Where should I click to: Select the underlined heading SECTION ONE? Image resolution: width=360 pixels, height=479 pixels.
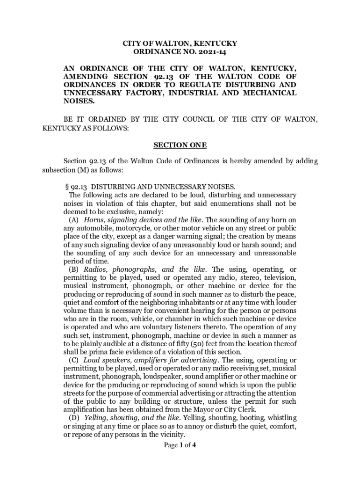(180, 145)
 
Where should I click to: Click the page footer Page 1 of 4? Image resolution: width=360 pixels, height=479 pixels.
(180, 445)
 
